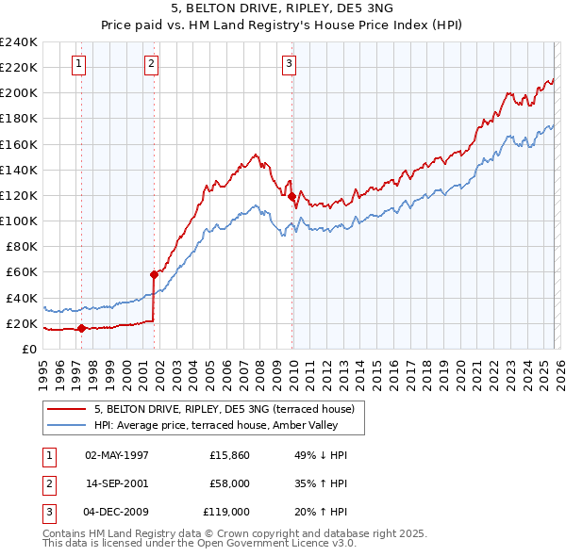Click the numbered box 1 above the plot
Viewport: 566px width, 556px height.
click(78, 64)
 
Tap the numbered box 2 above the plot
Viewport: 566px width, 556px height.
click(151, 64)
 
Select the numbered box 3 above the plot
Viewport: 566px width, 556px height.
click(289, 64)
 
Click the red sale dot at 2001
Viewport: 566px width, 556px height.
click(154, 274)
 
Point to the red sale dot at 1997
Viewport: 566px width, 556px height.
click(81, 329)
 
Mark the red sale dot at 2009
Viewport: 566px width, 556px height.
click(291, 196)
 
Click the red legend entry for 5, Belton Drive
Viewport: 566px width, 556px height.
click(224, 409)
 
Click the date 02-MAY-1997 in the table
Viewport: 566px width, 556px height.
click(116, 455)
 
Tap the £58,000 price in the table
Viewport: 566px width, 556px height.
click(229, 483)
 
